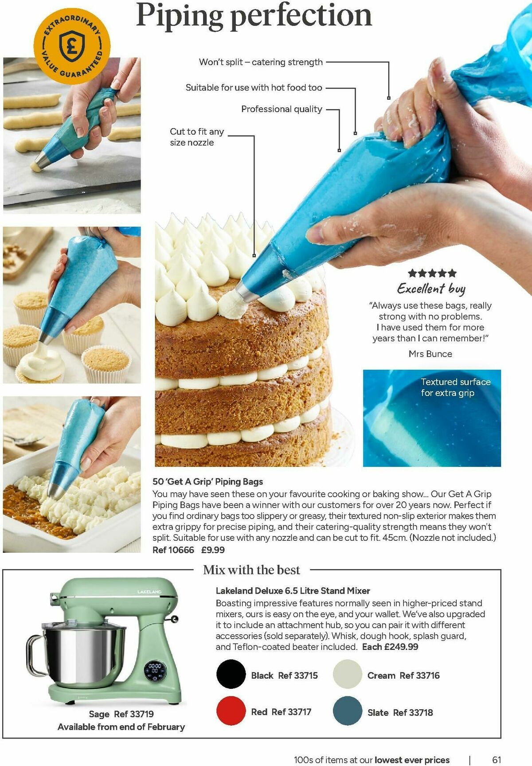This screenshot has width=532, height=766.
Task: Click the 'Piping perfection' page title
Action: pos(254,16)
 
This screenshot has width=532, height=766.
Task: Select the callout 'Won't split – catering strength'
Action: pos(261,62)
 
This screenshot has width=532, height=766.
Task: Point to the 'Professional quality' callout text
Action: pos(282,109)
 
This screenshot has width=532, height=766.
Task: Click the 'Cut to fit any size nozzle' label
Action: pos(197,137)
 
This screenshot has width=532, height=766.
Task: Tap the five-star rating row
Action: pos(432,273)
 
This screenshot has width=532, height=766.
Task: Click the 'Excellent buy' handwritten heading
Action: pos(431,289)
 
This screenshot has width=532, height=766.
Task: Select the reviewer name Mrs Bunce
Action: pos(430,354)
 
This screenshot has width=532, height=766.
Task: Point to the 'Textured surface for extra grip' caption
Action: pos(456,387)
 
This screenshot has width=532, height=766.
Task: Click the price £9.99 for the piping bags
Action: pos(213,550)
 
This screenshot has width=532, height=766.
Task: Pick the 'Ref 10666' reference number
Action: pos(173,550)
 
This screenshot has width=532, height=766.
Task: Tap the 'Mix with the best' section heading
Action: pos(251,570)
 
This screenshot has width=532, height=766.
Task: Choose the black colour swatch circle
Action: pos(231,674)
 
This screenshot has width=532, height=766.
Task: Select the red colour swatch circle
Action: pos(231,711)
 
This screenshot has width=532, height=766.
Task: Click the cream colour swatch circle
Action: pos(348,674)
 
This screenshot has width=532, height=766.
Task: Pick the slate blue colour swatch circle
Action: pos(348,711)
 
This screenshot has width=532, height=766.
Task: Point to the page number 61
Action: pos(497,759)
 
